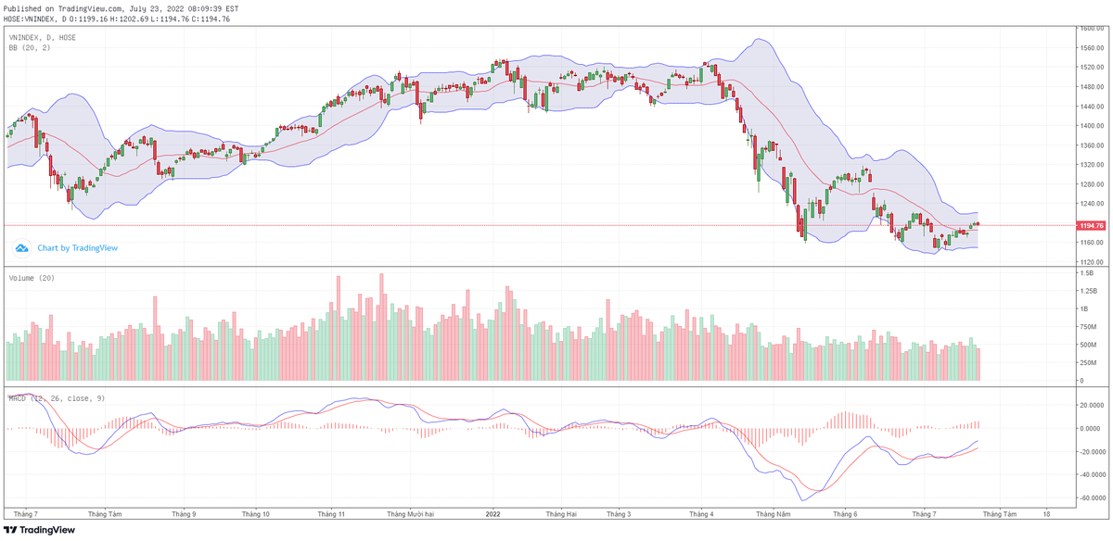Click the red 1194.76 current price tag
point(1092,225)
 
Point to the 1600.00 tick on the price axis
point(1091,29)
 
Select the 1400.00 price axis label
point(1091,126)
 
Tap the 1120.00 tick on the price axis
point(1091,262)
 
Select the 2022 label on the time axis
point(493,513)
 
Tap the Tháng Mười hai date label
point(410,513)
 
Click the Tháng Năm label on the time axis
point(772,513)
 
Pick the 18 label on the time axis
point(1046,513)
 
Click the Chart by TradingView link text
point(77,248)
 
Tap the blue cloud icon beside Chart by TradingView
point(22,248)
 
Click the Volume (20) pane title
point(32,278)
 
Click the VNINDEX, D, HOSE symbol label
point(43,37)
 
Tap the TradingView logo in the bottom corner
point(37,530)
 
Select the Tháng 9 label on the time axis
point(183,513)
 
